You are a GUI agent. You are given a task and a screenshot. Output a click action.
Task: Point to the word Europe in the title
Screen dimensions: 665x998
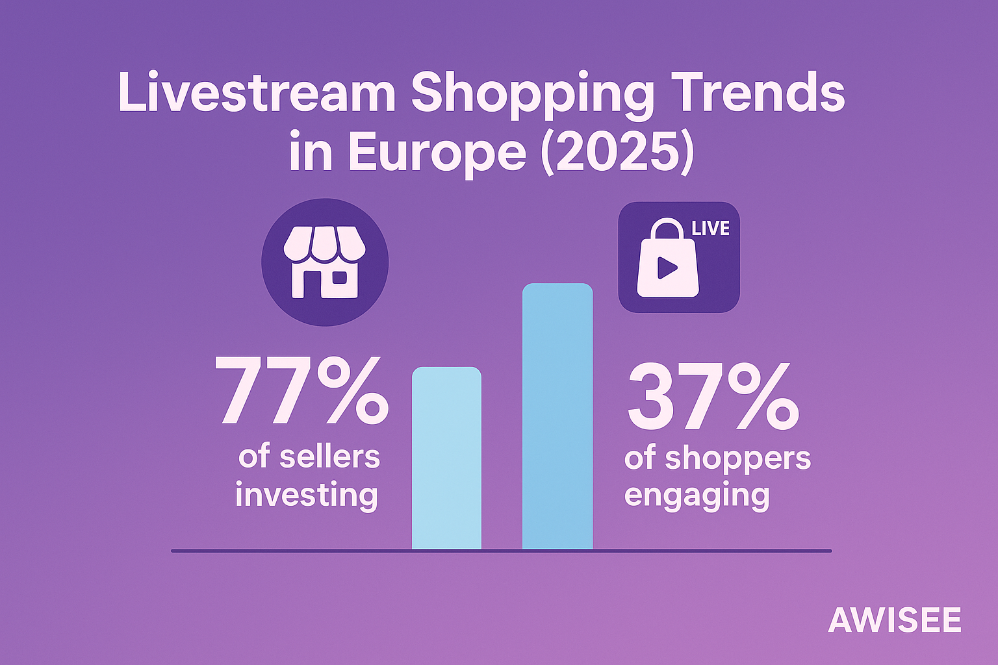coord(436,153)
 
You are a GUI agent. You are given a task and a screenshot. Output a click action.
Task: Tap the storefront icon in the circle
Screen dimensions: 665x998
coord(325,262)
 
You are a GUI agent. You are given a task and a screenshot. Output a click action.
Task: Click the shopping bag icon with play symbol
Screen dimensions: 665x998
coord(668,260)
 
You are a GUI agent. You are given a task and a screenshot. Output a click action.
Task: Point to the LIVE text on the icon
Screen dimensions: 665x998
coord(710,229)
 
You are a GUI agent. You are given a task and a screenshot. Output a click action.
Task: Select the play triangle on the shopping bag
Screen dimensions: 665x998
coord(666,268)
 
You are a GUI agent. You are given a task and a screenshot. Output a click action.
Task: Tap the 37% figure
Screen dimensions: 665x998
coord(712,395)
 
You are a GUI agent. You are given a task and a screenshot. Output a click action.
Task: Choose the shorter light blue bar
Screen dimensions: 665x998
coord(447,458)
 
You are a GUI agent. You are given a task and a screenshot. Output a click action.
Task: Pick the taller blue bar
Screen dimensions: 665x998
coord(557,416)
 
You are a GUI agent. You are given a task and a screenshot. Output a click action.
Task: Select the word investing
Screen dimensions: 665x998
coord(307,495)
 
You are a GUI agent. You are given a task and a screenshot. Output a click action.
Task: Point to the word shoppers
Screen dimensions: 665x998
coord(737,458)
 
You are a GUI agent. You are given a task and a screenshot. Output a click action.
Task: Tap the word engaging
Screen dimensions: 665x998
coord(697,496)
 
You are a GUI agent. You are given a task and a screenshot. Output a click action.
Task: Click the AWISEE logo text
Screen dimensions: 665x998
coord(894,620)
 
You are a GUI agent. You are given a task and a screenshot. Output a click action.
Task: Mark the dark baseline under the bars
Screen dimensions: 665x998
coord(715,551)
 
